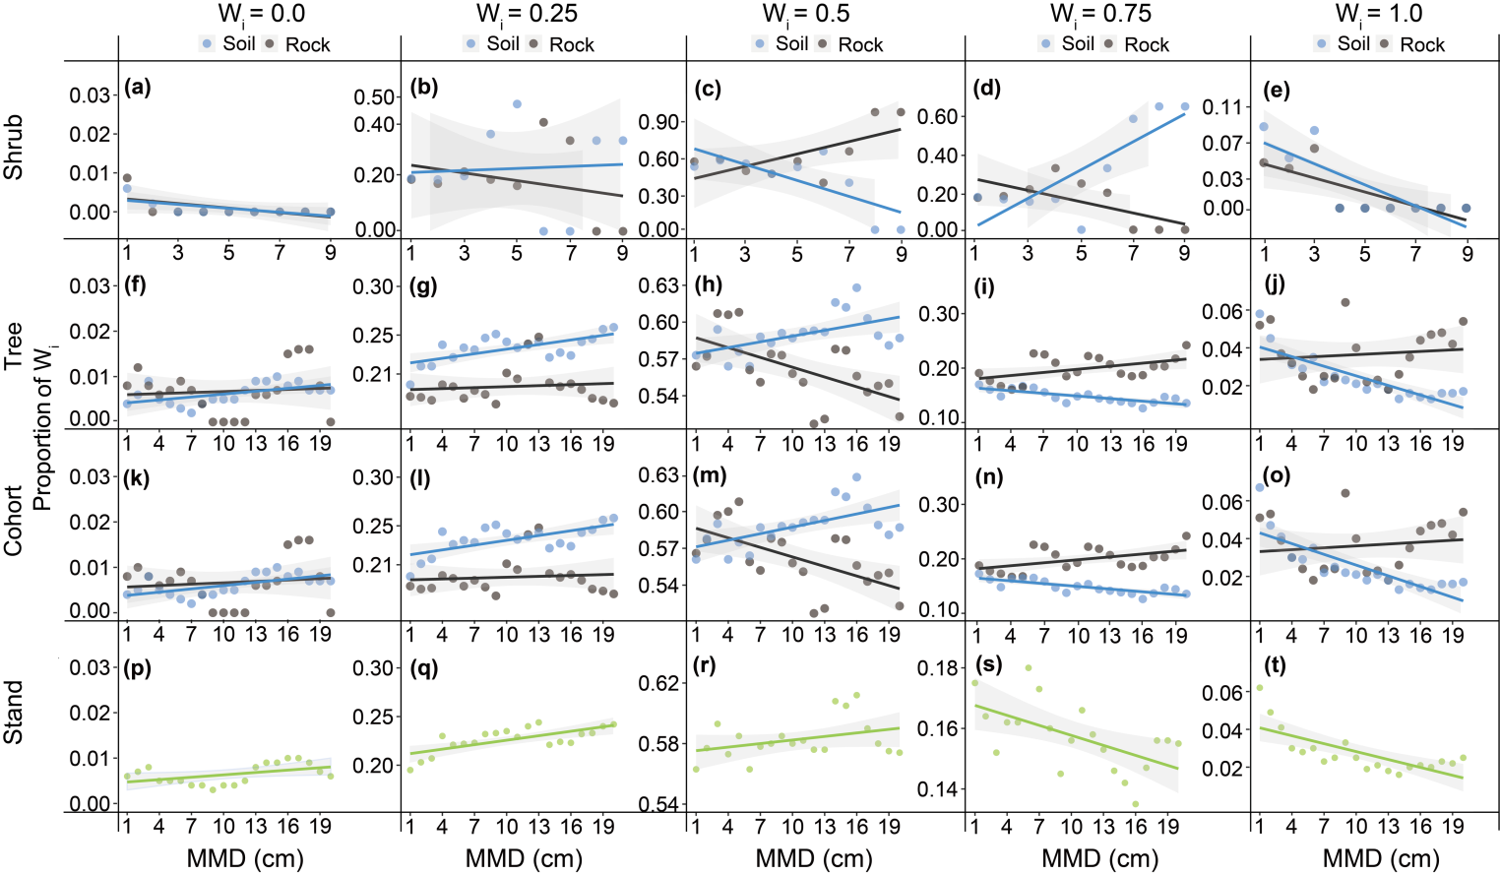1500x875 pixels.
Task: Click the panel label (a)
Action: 138,87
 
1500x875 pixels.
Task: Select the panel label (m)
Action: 710,475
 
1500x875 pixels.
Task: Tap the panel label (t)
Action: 1276,665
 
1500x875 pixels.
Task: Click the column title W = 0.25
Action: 527,14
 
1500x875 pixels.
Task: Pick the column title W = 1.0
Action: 1378,14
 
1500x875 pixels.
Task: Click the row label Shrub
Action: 14,148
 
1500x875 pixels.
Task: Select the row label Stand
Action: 14,713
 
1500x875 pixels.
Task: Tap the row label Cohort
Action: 14,521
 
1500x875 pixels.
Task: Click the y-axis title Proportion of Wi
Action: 41,430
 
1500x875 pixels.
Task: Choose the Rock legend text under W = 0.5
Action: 860,44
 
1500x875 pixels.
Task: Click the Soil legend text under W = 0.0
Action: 239,43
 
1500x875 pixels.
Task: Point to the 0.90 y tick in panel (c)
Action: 659,122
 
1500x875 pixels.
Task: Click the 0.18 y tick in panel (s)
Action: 937,668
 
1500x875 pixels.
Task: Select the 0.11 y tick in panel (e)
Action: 1224,107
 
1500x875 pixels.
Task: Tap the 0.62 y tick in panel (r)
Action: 659,683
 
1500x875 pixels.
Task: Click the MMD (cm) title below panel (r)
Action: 814,858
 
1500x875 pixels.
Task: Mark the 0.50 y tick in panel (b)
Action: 375,96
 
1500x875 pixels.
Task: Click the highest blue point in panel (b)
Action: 517,103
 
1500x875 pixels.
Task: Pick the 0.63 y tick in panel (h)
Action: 659,285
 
